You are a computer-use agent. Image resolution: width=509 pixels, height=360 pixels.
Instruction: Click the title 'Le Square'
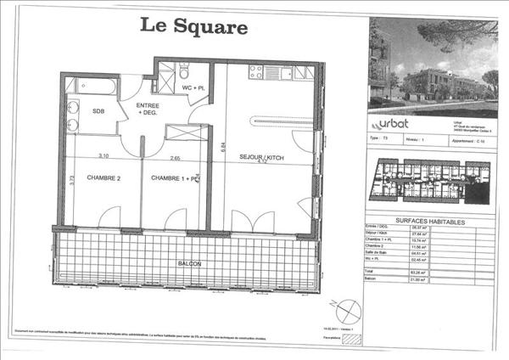[x=193, y=26]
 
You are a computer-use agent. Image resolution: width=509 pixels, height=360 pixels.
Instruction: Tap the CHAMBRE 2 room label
[x=92, y=178]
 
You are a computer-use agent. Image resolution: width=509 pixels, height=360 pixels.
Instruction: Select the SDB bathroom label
[x=98, y=111]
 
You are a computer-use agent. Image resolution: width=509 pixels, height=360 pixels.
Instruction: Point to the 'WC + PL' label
[x=193, y=87]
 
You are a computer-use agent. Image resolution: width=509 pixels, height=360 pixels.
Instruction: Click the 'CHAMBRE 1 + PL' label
[x=174, y=178]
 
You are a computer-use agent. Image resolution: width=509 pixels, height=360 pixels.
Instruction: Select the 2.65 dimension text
[x=175, y=157]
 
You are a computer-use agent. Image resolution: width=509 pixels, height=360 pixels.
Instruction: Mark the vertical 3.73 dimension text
[x=72, y=180]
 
